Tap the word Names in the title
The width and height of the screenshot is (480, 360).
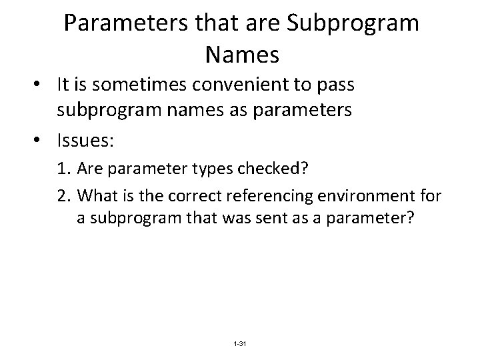242,55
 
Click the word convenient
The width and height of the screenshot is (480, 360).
246,86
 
